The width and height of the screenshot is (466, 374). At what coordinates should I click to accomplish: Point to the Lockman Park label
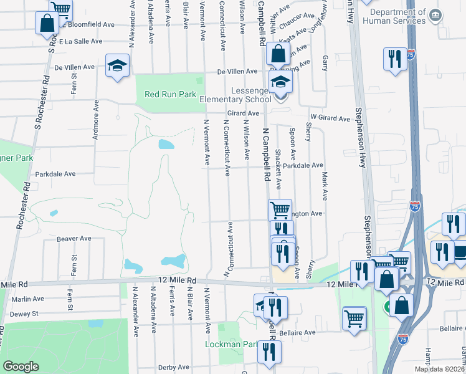coord(231,344)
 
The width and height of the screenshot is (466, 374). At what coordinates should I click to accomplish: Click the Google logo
coord(21,367)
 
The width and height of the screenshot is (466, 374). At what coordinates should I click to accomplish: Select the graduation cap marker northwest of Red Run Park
coord(117,66)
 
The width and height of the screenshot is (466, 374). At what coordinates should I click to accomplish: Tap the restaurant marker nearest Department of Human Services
coord(394,60)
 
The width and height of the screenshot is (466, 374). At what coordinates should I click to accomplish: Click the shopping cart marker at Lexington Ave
coord(280,209)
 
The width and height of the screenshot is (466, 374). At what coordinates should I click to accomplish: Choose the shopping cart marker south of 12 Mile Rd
coord(354,319)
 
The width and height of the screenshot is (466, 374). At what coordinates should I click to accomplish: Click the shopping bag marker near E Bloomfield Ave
coord(47,24)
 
